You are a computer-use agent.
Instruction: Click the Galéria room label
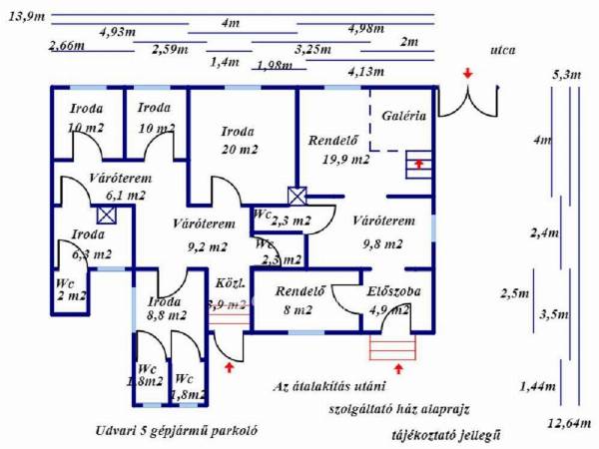click(404, 116)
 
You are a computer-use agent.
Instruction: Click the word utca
click(504, 49)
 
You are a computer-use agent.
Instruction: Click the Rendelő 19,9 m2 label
click(337, 149)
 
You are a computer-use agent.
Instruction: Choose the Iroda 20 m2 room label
click(238, 140)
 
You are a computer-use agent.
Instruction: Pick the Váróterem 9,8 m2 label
click(376, 231)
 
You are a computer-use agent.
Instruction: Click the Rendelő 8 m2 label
click(298, 302)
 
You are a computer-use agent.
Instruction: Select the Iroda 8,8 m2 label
click(164, 308)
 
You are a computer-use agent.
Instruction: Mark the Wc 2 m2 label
click(70, 289)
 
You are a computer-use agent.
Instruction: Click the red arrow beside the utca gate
click(468, 74)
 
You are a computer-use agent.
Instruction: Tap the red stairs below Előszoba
click(388, 346)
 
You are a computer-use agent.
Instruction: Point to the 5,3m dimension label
click(566, 74)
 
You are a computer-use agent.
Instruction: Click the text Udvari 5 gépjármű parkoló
click(172, 432)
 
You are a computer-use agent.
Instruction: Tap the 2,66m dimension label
click(67, 47)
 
